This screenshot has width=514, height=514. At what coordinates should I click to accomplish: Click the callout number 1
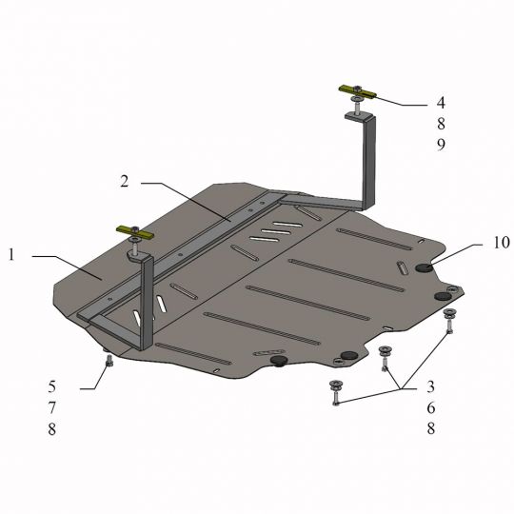click(11, 255)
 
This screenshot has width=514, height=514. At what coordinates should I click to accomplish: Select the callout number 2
click(125, 181)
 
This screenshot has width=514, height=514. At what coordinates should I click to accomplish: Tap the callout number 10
click(502, 243)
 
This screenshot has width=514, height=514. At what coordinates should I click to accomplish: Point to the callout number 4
click(441, 103)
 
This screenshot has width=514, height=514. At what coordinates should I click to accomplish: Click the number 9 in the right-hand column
click(442, 145)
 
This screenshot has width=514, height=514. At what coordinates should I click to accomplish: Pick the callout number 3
click(430, 386)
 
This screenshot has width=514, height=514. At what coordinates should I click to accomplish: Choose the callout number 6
click(431, 407)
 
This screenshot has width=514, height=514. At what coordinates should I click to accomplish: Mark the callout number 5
click(52, 386)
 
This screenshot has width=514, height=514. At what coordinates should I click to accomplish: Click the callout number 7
click(52, 407)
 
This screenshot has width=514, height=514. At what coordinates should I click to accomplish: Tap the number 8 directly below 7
click(52, 428)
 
